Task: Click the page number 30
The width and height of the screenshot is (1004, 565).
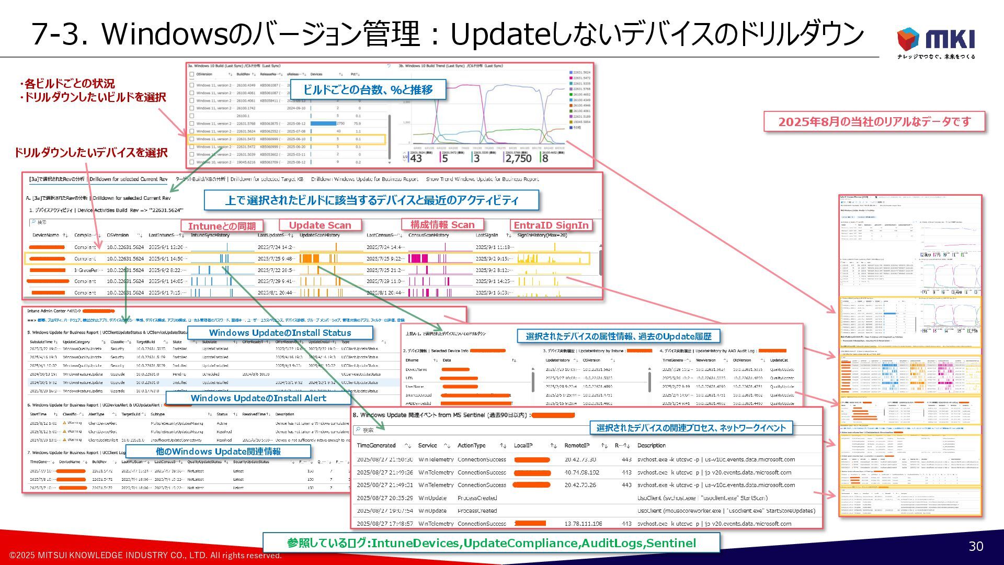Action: point(976,546)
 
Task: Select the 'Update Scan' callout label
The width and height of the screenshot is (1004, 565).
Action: point(320,225)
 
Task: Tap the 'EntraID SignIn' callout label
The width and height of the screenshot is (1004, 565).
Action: point(551,225)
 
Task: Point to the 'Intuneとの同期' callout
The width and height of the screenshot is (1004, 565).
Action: point(222,226)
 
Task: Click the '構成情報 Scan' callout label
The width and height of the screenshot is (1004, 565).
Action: point(442,225)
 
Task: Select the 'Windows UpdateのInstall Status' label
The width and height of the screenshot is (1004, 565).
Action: point(280,333)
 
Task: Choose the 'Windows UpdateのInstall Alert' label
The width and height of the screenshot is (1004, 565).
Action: point(258,398)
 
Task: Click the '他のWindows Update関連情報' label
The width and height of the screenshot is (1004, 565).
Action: point(218,451)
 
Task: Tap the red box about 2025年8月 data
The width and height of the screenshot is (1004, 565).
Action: point(874,122)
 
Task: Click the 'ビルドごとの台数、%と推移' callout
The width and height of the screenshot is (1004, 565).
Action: point(368,89)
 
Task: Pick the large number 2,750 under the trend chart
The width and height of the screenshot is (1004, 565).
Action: point(518,159)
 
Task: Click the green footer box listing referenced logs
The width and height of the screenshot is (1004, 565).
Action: point(491,543)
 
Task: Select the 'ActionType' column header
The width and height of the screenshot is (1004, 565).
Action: point(471,446)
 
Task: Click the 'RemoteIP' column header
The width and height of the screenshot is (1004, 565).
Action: point(577,446)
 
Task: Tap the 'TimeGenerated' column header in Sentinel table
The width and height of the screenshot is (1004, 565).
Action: point(376,446)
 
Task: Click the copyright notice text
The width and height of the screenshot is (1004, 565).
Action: point(145,556)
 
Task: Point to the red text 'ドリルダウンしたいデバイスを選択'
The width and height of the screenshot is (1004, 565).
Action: point(90,153)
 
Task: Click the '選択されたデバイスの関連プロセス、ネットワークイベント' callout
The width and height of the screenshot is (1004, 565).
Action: point(691,428)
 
